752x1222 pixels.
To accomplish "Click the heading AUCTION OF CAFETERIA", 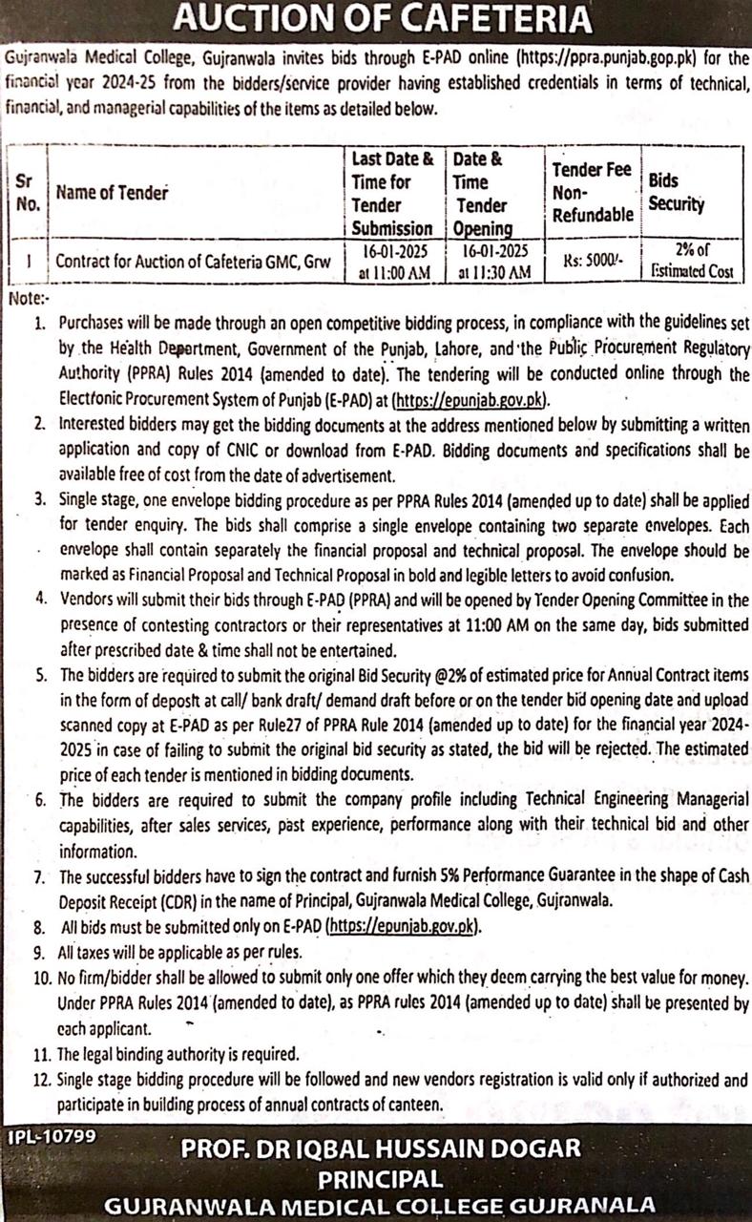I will click(x=376, y=19).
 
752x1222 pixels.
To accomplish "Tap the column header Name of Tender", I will click(x=112, y=193).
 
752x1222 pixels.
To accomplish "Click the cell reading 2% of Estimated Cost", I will click(x=693, y=261).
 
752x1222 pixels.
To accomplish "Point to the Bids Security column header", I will click(x=677, y=192).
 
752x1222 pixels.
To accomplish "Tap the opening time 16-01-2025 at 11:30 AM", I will click(x=493, y=262).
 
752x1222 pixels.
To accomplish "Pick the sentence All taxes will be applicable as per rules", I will click(x=179, y=952).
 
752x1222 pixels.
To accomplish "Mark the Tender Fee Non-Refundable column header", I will click(x=593, y=192).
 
